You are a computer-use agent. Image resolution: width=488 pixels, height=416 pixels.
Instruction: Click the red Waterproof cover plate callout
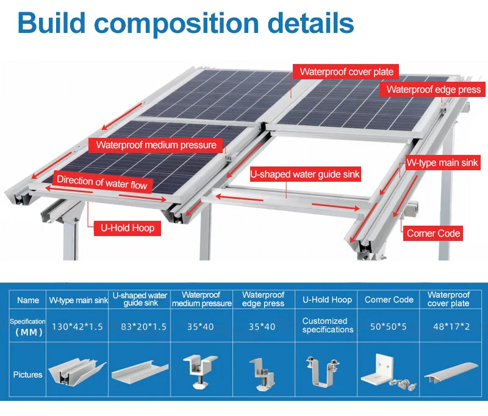pos(346,71)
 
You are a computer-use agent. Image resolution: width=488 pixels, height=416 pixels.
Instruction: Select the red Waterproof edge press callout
pos(434,90)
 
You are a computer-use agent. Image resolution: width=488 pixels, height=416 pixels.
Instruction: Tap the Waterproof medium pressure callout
pos(156,145)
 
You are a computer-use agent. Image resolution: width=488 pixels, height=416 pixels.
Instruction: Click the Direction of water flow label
pos(102,181)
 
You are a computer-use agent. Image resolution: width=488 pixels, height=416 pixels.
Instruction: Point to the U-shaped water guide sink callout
pos(306,174)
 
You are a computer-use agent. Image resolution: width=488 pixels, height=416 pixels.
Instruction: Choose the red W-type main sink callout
pos(442,163)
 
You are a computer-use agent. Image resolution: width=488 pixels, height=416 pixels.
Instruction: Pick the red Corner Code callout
pos(433,233)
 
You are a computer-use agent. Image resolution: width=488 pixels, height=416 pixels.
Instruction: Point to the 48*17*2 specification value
pos(448,326)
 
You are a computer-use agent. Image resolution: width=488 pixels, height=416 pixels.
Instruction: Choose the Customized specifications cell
pos(328,325)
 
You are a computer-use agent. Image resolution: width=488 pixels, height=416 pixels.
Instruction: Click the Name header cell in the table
pos(28,299)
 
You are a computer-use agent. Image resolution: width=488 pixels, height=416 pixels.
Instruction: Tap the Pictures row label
pos(28,374)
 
